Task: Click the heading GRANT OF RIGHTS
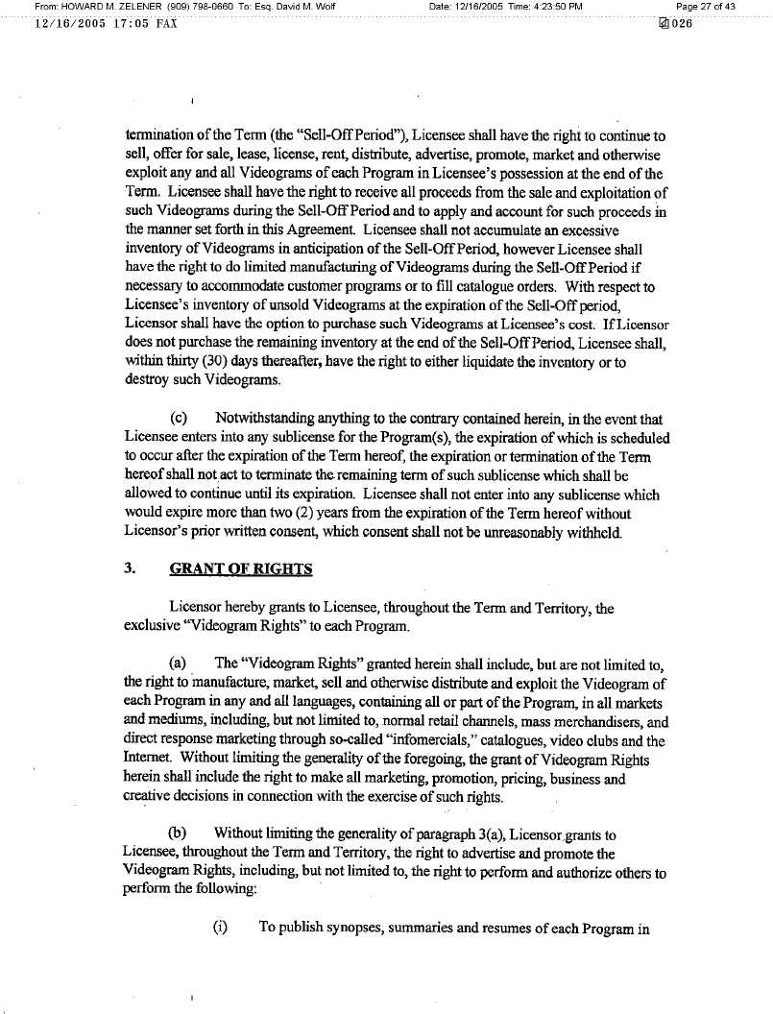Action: coord(241,568)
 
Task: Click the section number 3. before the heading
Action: coord(130,568)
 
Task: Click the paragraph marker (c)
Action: coord(178,419)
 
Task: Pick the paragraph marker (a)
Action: coord(178,663)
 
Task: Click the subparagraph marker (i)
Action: coord(220,930)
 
